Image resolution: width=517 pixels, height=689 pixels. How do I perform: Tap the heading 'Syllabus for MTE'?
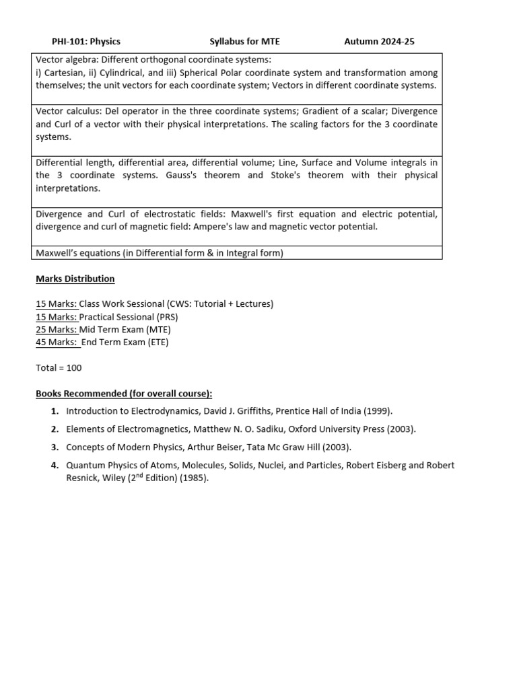(244, 42)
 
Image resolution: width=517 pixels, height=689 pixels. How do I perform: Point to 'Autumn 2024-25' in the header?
(379, 42)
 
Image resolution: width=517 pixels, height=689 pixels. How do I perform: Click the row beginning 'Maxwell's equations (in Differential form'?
(160, 253)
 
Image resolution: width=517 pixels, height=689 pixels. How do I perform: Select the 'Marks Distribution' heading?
(75, 279)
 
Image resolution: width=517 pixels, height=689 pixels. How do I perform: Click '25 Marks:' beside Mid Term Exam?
(57, 330)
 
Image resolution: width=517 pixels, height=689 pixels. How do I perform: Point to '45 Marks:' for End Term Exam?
(57, 342)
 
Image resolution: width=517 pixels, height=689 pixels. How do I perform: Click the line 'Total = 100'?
(59, 368)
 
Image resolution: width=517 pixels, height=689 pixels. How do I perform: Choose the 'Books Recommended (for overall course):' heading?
(124, 394)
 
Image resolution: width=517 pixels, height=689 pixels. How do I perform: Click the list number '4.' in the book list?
(55, 466)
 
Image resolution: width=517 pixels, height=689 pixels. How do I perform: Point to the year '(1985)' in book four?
(195, 478)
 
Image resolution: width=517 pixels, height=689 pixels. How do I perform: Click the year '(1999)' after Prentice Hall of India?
(378, 411)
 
